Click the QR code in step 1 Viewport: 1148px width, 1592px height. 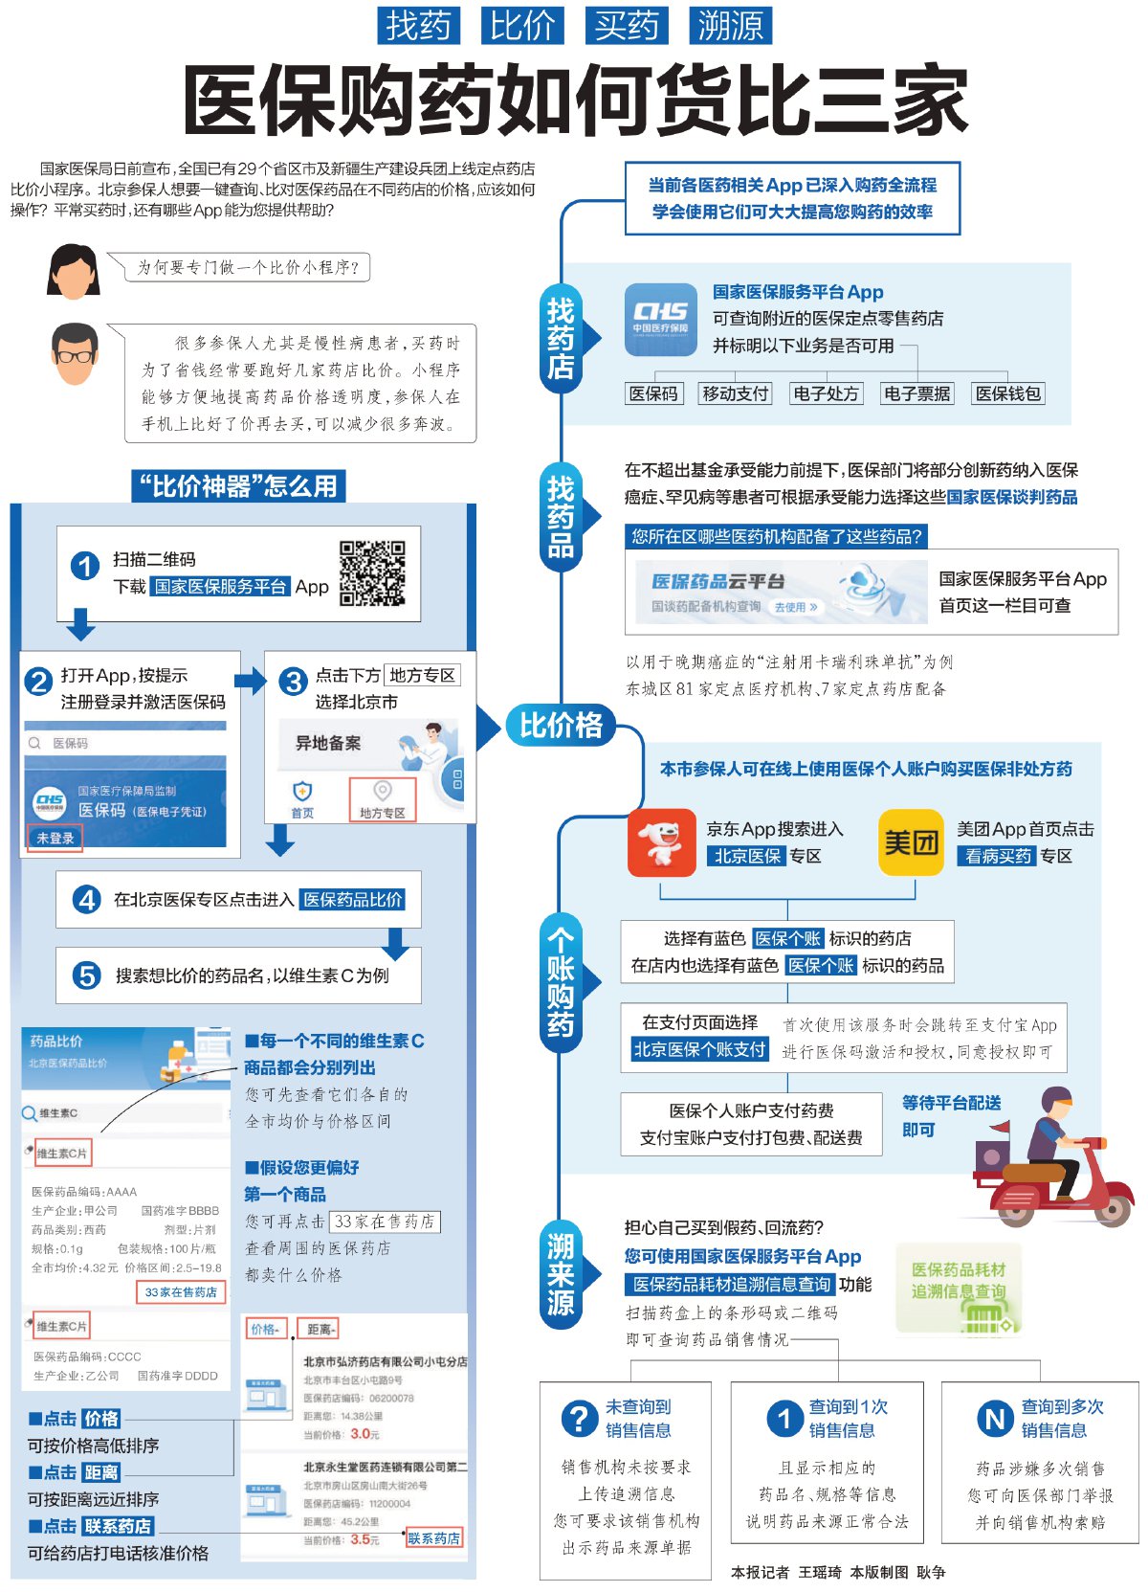click(372, 573)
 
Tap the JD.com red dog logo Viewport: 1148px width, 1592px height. click(661, 842)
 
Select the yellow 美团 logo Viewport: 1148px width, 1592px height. click(911, 842)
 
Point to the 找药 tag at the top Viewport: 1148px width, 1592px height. click(418, 26)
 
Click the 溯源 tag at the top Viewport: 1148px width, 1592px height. click(730, 26)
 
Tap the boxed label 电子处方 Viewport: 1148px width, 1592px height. click(826, 393)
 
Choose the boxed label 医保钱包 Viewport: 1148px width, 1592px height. click(1007, 393)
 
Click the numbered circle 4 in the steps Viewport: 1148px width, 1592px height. click(87, 900)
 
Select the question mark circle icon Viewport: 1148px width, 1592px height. click(579, 1418)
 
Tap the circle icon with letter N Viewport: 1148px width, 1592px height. click(995, 1418)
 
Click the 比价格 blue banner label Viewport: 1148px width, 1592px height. click(562, 725)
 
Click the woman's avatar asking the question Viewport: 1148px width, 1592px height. click(74, 271)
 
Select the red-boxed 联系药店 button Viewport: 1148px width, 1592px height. click(433, 1538)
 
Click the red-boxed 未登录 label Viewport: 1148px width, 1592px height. click(55, 838)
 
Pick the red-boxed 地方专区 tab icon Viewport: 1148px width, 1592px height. click(383, 799)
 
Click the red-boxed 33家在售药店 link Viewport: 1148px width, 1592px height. click(181, 1292)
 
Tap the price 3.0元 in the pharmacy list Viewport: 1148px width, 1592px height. click(364, 1434)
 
